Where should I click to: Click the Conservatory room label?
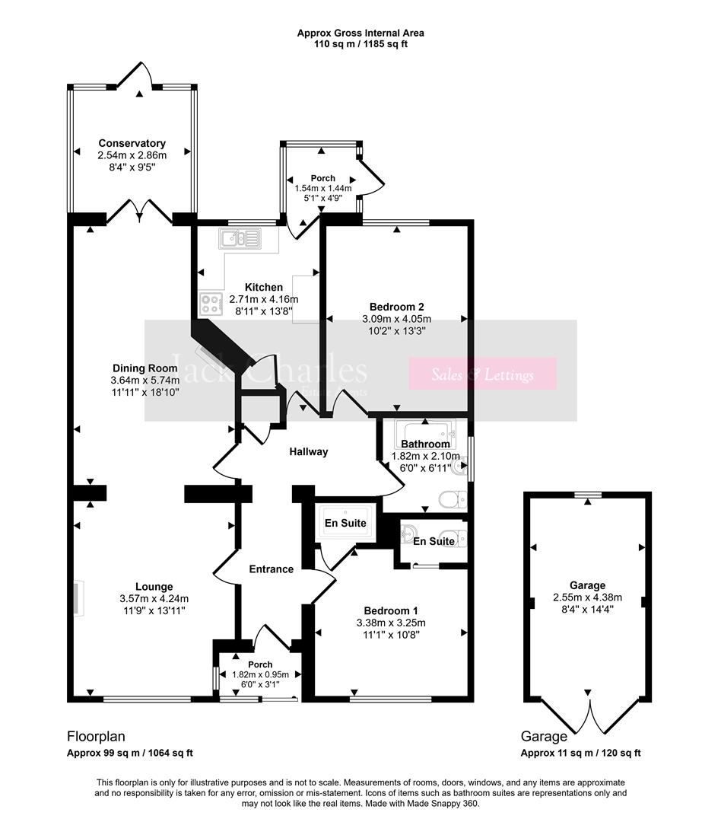(x=132, y=143)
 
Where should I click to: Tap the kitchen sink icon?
(x=240, y=240)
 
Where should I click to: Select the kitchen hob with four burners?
(x=211, y=304)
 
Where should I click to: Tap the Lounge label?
(x=154, y=587)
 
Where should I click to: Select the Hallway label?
(x=309, y=452)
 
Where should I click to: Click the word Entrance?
(x=272, y=569)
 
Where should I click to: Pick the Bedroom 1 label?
(x=391, y=610)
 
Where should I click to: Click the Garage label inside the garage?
(x=587, y=585)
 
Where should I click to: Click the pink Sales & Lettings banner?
(x=483, y=374)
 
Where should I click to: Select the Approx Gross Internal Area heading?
(x=360, y=33)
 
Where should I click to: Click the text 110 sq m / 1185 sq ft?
(x=360, y=44)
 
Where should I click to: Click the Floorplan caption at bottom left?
(x=96, y=736)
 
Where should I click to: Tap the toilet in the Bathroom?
(x=454, y=499)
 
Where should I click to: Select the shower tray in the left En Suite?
(x=346, y=523)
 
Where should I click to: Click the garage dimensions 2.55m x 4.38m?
(x=587, y=597)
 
